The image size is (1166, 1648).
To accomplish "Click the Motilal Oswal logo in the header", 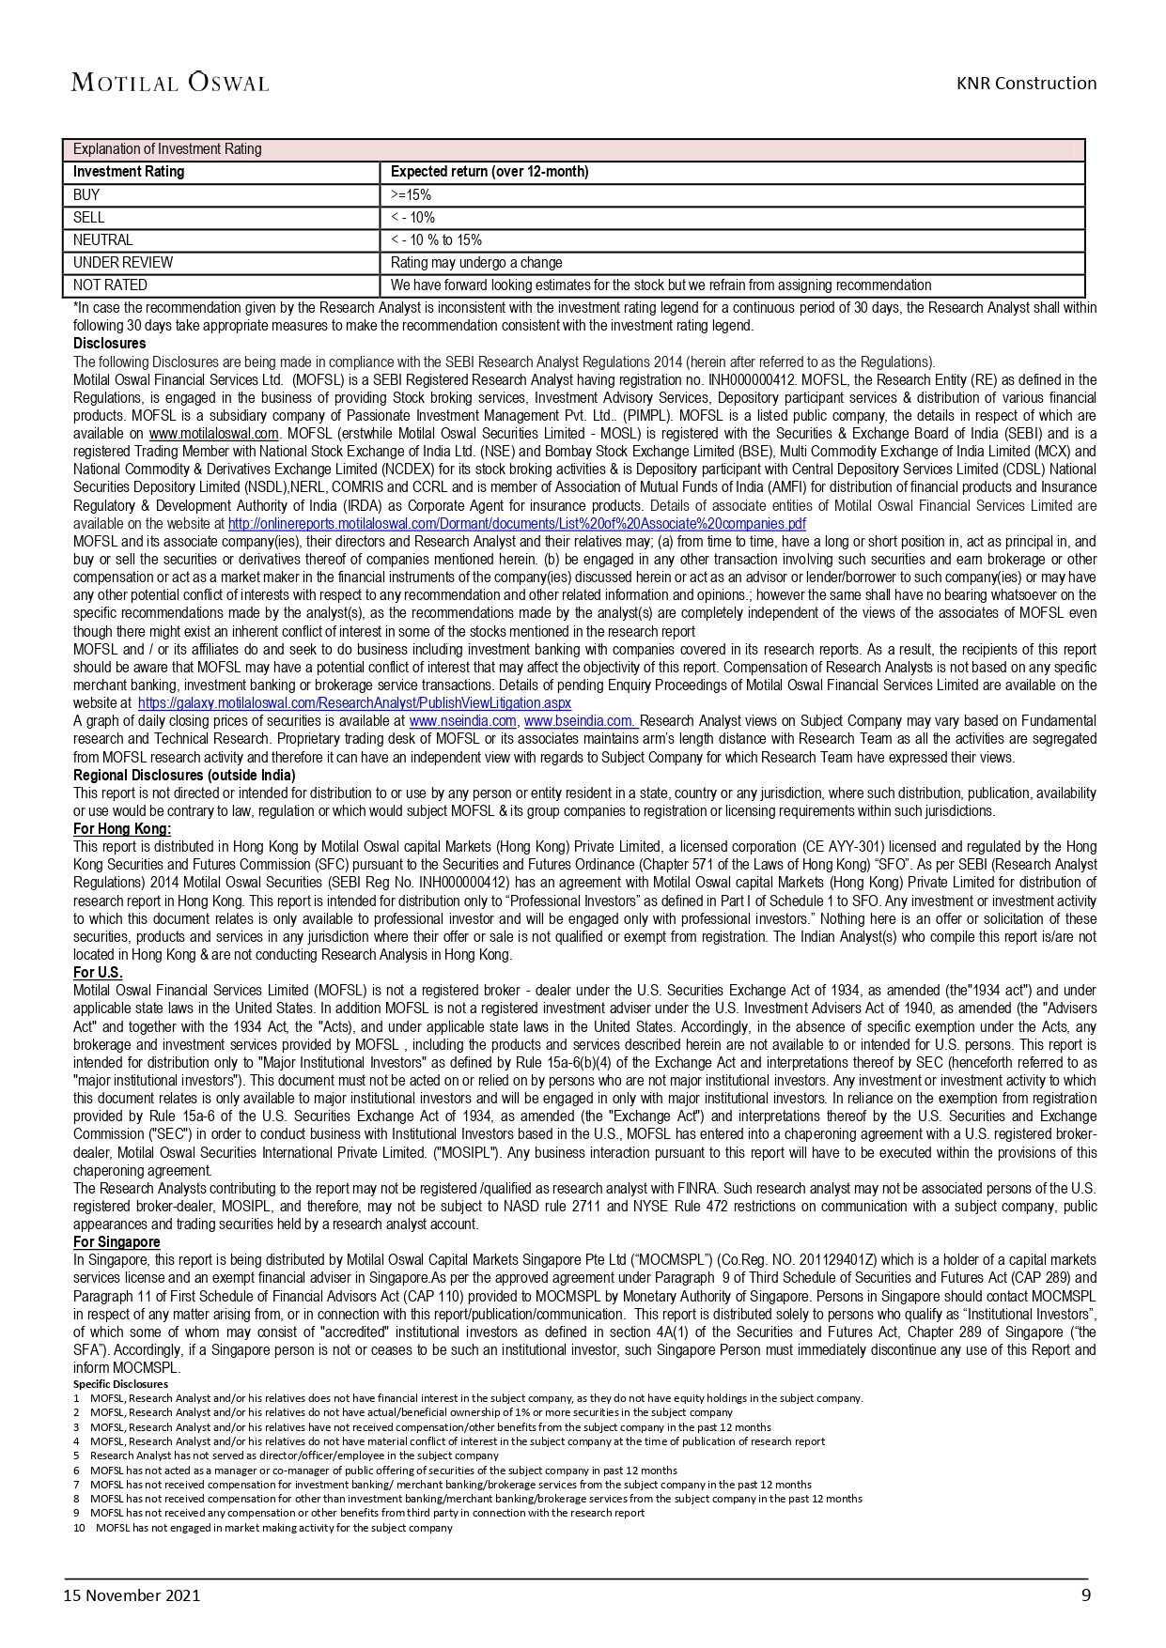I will pos(170,83).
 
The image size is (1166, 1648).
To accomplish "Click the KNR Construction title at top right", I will pos(1026,83).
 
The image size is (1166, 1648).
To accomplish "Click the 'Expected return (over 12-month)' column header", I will pos(490,172).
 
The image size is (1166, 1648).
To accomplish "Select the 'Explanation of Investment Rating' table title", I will pos(167,149).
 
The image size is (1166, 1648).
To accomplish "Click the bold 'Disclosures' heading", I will pos(110,344).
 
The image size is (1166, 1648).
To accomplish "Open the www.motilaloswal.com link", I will pos(214,434).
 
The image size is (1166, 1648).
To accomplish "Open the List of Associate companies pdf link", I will pos(517,524).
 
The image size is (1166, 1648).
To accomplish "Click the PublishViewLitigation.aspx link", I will pos(354,703).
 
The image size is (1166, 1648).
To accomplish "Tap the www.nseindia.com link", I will pos(463,721).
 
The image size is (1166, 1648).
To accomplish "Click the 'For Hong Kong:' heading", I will pos(122,829).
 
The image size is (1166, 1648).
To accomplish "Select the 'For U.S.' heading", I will pos(98,973).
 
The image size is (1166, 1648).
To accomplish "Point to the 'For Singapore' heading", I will pos(117,1242).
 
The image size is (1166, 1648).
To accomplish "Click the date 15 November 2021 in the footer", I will pos(132,1595).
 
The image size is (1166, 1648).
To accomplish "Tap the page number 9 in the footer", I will pos(1086,1594).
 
